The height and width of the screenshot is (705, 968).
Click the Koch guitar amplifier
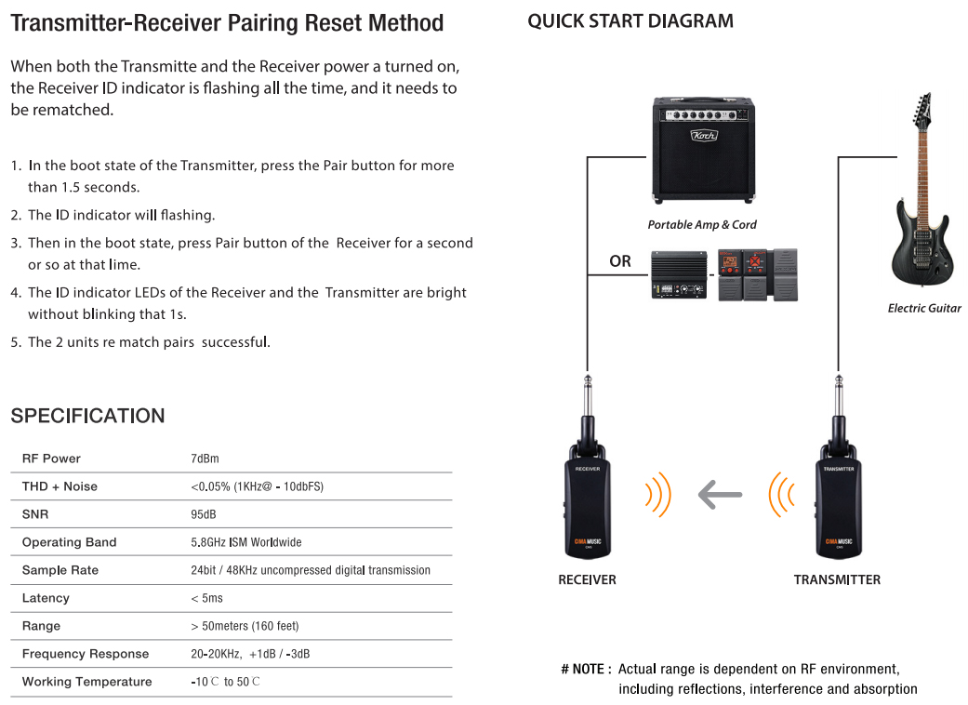pyautogui.click(x=703, y=150)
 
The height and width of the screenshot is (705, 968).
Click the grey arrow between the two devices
pyautogui.click(x=720, y=495)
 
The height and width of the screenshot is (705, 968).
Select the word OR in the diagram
pyautogui.click(x=620, y=261)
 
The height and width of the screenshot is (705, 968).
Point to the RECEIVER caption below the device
pyautogui.click(x=587, y=579)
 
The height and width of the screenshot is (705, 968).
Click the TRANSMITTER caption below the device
pyautogui.click(x=837, y=579)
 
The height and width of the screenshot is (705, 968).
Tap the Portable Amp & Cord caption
pyautogui.click(x=702, y=225)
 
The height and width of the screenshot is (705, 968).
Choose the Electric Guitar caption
pyautogui.click(x=924, y=308)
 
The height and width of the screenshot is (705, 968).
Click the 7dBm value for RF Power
pyautogui.click(x=205, y=459)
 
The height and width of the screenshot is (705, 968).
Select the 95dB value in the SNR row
pyautogui.click(x=203, y=514)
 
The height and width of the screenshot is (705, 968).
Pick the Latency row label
pyautogui.click(x=46, y=598)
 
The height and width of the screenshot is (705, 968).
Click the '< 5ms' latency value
pyautogui.click(x=206, y=598)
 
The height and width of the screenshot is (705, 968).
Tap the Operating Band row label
pyautogui.click(x=69, y=542)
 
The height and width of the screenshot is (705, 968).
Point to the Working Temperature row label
pyautogui.click(x=87, y=682)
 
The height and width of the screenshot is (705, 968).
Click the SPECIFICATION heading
pyautogui.click(x=87, y=416)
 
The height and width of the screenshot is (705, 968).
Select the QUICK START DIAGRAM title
pyautogui.click(x=630, y=21)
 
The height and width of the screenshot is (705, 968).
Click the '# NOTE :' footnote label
pyautogui.click(x=586, y=670)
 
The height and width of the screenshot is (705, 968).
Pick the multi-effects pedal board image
pyautogui.click(x=758, y=274)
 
